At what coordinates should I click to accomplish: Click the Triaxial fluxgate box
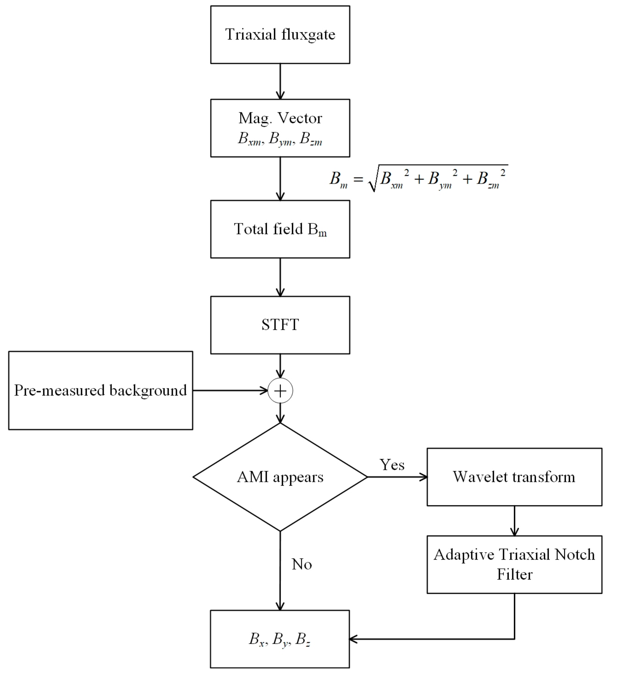click(280, 34)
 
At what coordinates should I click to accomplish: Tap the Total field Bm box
click(280, 229)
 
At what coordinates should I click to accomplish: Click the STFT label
click(280, 325)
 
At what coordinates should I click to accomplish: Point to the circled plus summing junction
click(280, 391)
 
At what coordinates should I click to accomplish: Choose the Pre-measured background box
click(101, 390)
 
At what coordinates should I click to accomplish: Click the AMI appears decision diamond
click(280, 477)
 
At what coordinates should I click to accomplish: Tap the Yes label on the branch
click(392, 465)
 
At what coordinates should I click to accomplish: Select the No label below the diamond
click(302, 564)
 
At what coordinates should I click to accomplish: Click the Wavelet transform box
click(514, 477)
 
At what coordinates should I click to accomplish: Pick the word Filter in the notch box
click(515, 574)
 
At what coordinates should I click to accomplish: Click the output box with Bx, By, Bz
click(280, 639)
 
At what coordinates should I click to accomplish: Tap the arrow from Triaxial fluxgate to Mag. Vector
click(280, 82)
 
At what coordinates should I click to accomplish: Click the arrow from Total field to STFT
click(280, 277)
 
